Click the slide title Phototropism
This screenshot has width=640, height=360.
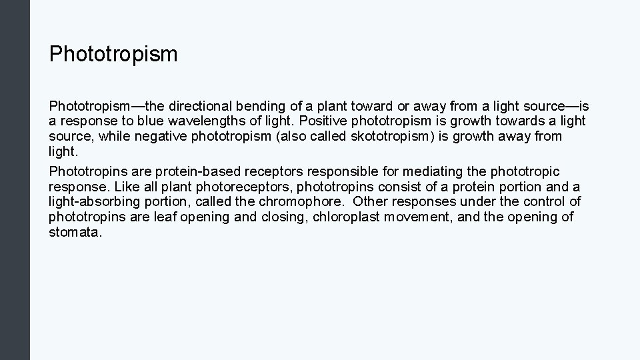113,54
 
